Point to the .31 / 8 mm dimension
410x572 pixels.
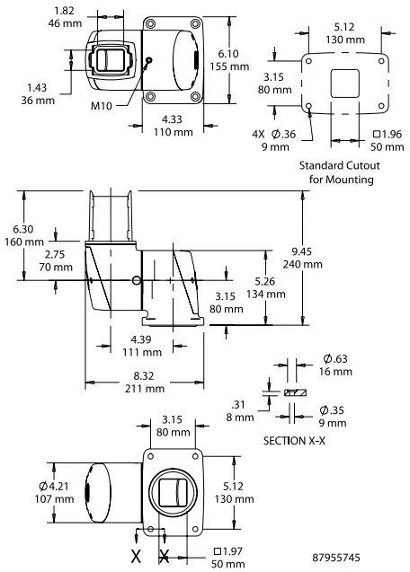click(x=238, y=410)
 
